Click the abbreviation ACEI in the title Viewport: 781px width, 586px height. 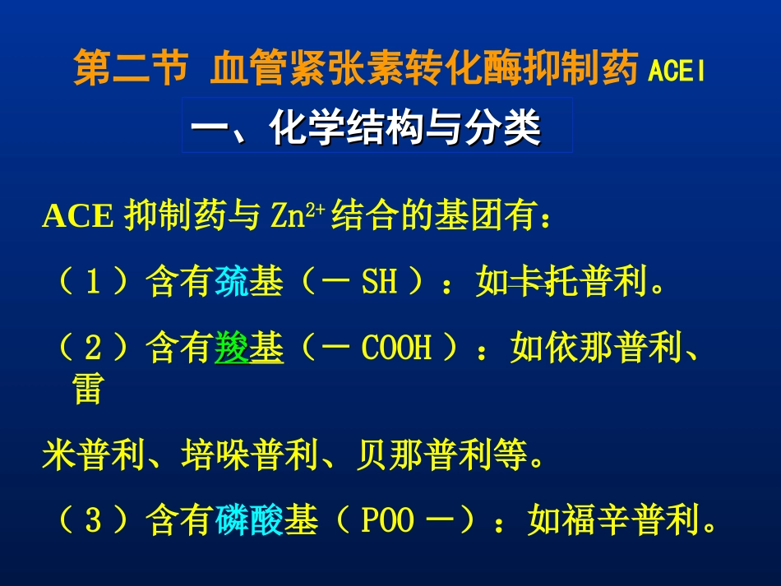click(x=677, y=72)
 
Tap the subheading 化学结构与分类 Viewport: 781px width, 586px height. click(x=405, y=128)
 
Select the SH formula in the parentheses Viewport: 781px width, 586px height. click(x=379, y=284)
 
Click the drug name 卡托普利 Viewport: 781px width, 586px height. click(x=561, y=284)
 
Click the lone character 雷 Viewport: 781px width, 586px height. click(x=87, y=390)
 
